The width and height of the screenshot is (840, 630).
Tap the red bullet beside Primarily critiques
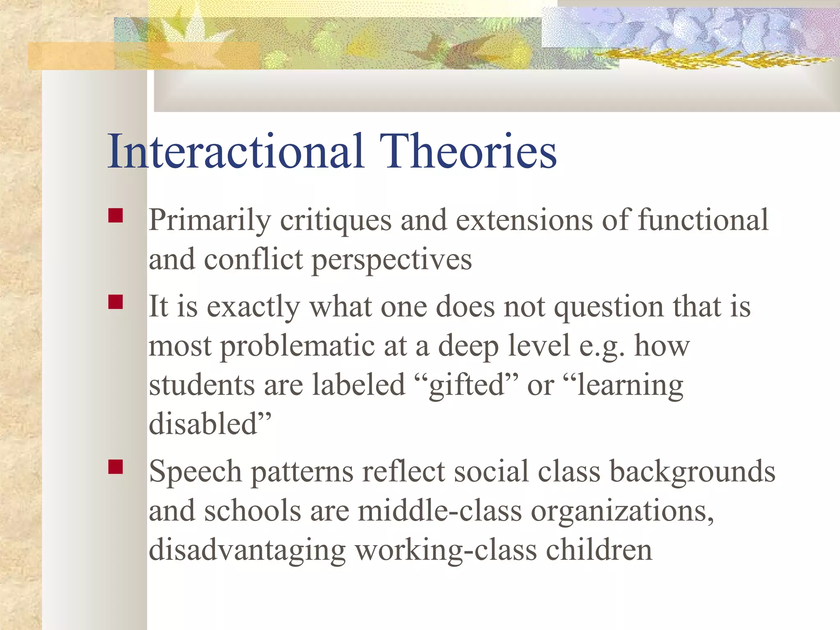(116, 216)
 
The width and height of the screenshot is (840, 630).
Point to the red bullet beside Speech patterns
(116, 467)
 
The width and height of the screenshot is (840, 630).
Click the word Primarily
(210, 221)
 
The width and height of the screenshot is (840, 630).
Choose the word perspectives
(392, 260)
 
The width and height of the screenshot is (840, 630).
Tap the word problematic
(297, 346)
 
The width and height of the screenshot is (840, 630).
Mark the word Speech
(195, 472)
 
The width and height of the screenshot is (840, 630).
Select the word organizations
(621, 511)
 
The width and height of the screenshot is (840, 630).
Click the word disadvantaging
(247, 550)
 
